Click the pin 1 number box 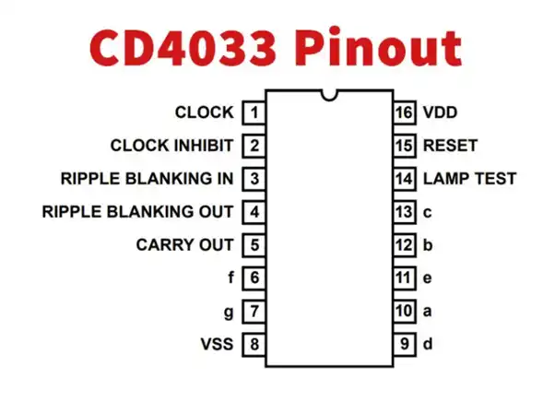pos(254,112)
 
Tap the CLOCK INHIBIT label pos(172,146)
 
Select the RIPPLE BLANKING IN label pos(148,179)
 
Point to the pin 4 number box pos(254,212)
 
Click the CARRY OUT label pos(184,245)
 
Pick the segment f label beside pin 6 pos(230,278)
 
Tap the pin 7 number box pos(254,311)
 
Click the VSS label pos(217,344)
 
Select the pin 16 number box pos(405,112)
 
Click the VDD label pos(441,112)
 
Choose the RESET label pos(451,146)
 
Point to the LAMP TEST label pos(470,179)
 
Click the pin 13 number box pos(405,212)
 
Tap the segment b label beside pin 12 pos(428,245)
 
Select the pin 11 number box pos(405,278)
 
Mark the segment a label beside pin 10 pos(428,312)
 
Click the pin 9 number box pos(405,344)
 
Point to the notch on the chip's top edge pos(329,96)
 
